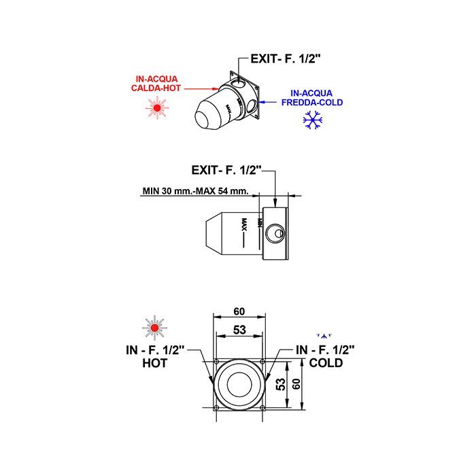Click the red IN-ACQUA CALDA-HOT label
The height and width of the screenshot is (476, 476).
click(x=156, y=84)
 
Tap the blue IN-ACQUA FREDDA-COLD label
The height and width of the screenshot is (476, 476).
click(x=312, y=98)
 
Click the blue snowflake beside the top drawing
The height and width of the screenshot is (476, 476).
click(x=313, y=120)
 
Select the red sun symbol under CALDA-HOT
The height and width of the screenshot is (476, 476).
click(x=157, y=107)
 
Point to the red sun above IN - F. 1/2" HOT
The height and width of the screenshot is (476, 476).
click(x=154, y=328)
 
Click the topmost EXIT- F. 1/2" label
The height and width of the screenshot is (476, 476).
click(x=286, y=58)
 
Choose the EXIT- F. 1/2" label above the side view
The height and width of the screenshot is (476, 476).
click(x=226, y=170)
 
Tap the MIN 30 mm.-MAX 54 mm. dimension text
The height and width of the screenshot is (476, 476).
click(x=196, y=191)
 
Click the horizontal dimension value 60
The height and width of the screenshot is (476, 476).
click(x=239, y=311)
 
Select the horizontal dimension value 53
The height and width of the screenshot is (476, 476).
click(x=239, y=330)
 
